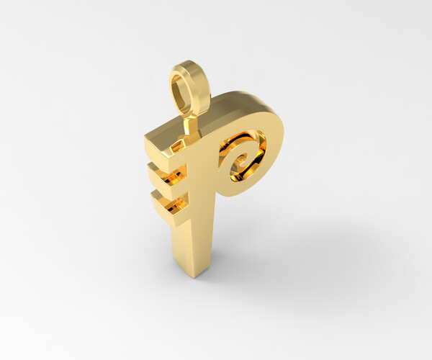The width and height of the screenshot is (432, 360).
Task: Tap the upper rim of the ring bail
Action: (x=189, y=66)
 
